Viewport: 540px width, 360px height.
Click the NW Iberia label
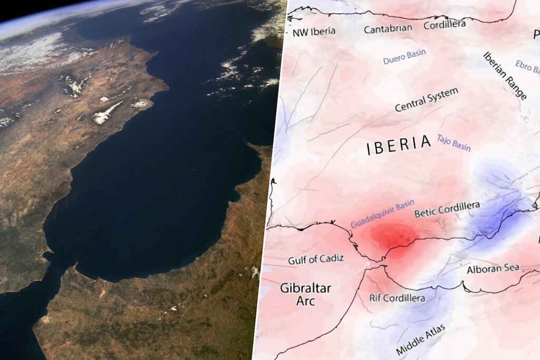(x=314, y=32)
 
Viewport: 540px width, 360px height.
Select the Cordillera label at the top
(x=445, y=24)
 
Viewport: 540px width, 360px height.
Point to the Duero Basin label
(x=404, y=57)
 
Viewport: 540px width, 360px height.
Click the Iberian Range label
(x=505, y=75)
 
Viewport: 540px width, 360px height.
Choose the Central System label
(x=427, y=100)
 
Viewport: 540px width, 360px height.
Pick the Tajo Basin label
(x=454, y=142)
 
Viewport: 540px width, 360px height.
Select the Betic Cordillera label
(x=447, y=209)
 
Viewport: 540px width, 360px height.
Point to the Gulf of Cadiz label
(x=316, y=259)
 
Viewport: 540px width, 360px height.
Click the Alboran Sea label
(x=493, y=269)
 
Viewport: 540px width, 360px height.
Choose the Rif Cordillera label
(x=397, y=298)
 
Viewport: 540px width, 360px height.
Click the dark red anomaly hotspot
(x=393, y=236)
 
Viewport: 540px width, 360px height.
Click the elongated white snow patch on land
(x=108, y=113)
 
